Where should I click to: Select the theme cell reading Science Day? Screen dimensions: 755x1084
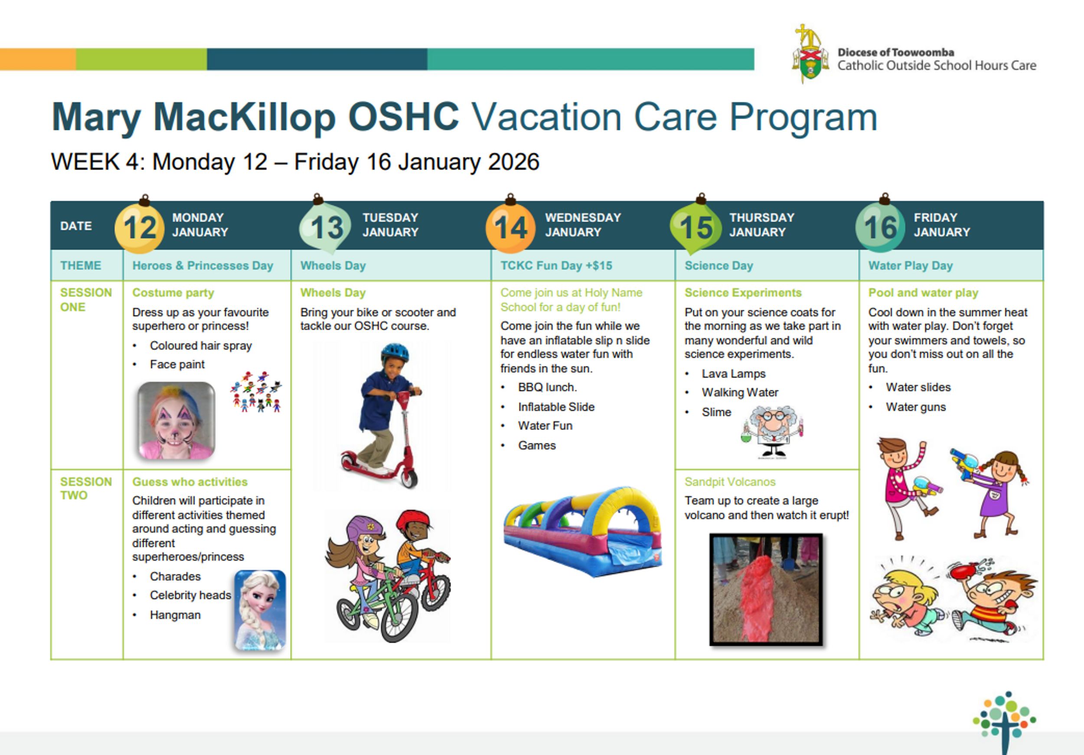[718, 266]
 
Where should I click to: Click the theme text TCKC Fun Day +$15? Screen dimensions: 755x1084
[556, 266]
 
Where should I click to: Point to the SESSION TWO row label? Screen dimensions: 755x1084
[85, 488]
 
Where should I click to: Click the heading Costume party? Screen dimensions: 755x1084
[173, 293]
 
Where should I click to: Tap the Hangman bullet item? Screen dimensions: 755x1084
[175, 615]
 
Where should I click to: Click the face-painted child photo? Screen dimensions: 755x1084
[176, 421]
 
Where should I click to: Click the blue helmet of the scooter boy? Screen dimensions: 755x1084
[394, 352]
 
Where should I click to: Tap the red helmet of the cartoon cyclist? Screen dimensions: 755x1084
[413, 520]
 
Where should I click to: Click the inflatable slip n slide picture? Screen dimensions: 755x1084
[583, 531]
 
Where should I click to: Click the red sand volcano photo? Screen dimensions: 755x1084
[766, 589]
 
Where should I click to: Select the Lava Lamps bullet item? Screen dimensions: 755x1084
[733, 374]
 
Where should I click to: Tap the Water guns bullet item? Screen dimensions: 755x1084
[915, 407]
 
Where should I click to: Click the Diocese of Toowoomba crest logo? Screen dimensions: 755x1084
[810, 54]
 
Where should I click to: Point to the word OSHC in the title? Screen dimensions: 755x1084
[403, 117]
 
